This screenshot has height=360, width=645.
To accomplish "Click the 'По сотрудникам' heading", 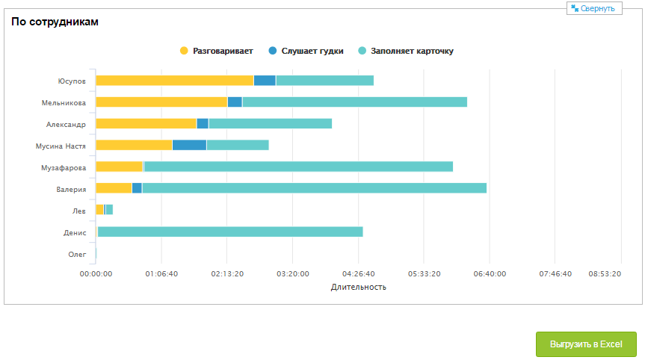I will [55, 22].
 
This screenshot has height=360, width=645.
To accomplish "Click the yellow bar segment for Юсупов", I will [174, 80].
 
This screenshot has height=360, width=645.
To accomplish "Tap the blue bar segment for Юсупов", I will [265, 80].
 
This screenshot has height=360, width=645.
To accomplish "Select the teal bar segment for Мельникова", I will [354, 102].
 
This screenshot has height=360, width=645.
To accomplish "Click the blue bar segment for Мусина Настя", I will [189, 145].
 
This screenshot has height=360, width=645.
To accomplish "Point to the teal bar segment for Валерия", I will [314, 188].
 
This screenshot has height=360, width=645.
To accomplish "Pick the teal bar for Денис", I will [230, 232].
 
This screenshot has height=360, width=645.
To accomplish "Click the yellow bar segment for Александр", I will [146, 123].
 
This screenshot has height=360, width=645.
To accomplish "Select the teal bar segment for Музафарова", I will [298, 167].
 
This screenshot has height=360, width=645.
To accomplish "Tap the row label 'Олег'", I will [77, 255].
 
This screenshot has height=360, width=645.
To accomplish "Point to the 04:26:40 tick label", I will [358, 274].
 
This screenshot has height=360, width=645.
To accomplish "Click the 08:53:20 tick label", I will [605, 274].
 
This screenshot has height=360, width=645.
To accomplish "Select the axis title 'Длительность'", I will [358, 287].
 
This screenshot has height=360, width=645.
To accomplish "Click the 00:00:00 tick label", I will [96, 274].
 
